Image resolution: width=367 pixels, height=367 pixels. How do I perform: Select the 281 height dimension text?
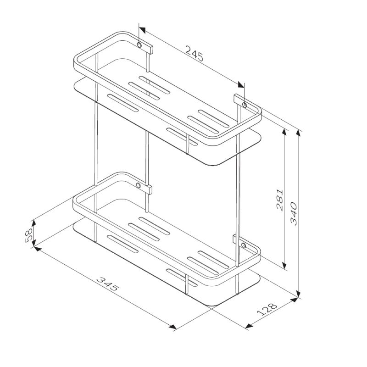(x=281, y=199)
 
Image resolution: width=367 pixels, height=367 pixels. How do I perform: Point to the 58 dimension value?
(x=28, y=235)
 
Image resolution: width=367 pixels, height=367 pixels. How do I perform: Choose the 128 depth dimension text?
(x=267, y=310)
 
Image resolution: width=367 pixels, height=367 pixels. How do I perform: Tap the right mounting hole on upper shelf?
(x=244, y=106)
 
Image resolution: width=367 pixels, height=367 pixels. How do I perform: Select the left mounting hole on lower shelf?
(x=139, y=186)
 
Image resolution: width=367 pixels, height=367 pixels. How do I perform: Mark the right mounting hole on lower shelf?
(x=244, y=245)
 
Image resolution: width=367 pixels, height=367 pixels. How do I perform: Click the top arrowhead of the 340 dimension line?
(x=299, y=132)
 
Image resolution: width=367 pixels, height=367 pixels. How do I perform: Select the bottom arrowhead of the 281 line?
(x=285, y=267)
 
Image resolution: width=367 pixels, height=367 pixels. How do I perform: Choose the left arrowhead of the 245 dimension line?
(x=142, y=30)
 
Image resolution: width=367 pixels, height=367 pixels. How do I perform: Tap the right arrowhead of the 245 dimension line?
(x=241, y=85)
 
